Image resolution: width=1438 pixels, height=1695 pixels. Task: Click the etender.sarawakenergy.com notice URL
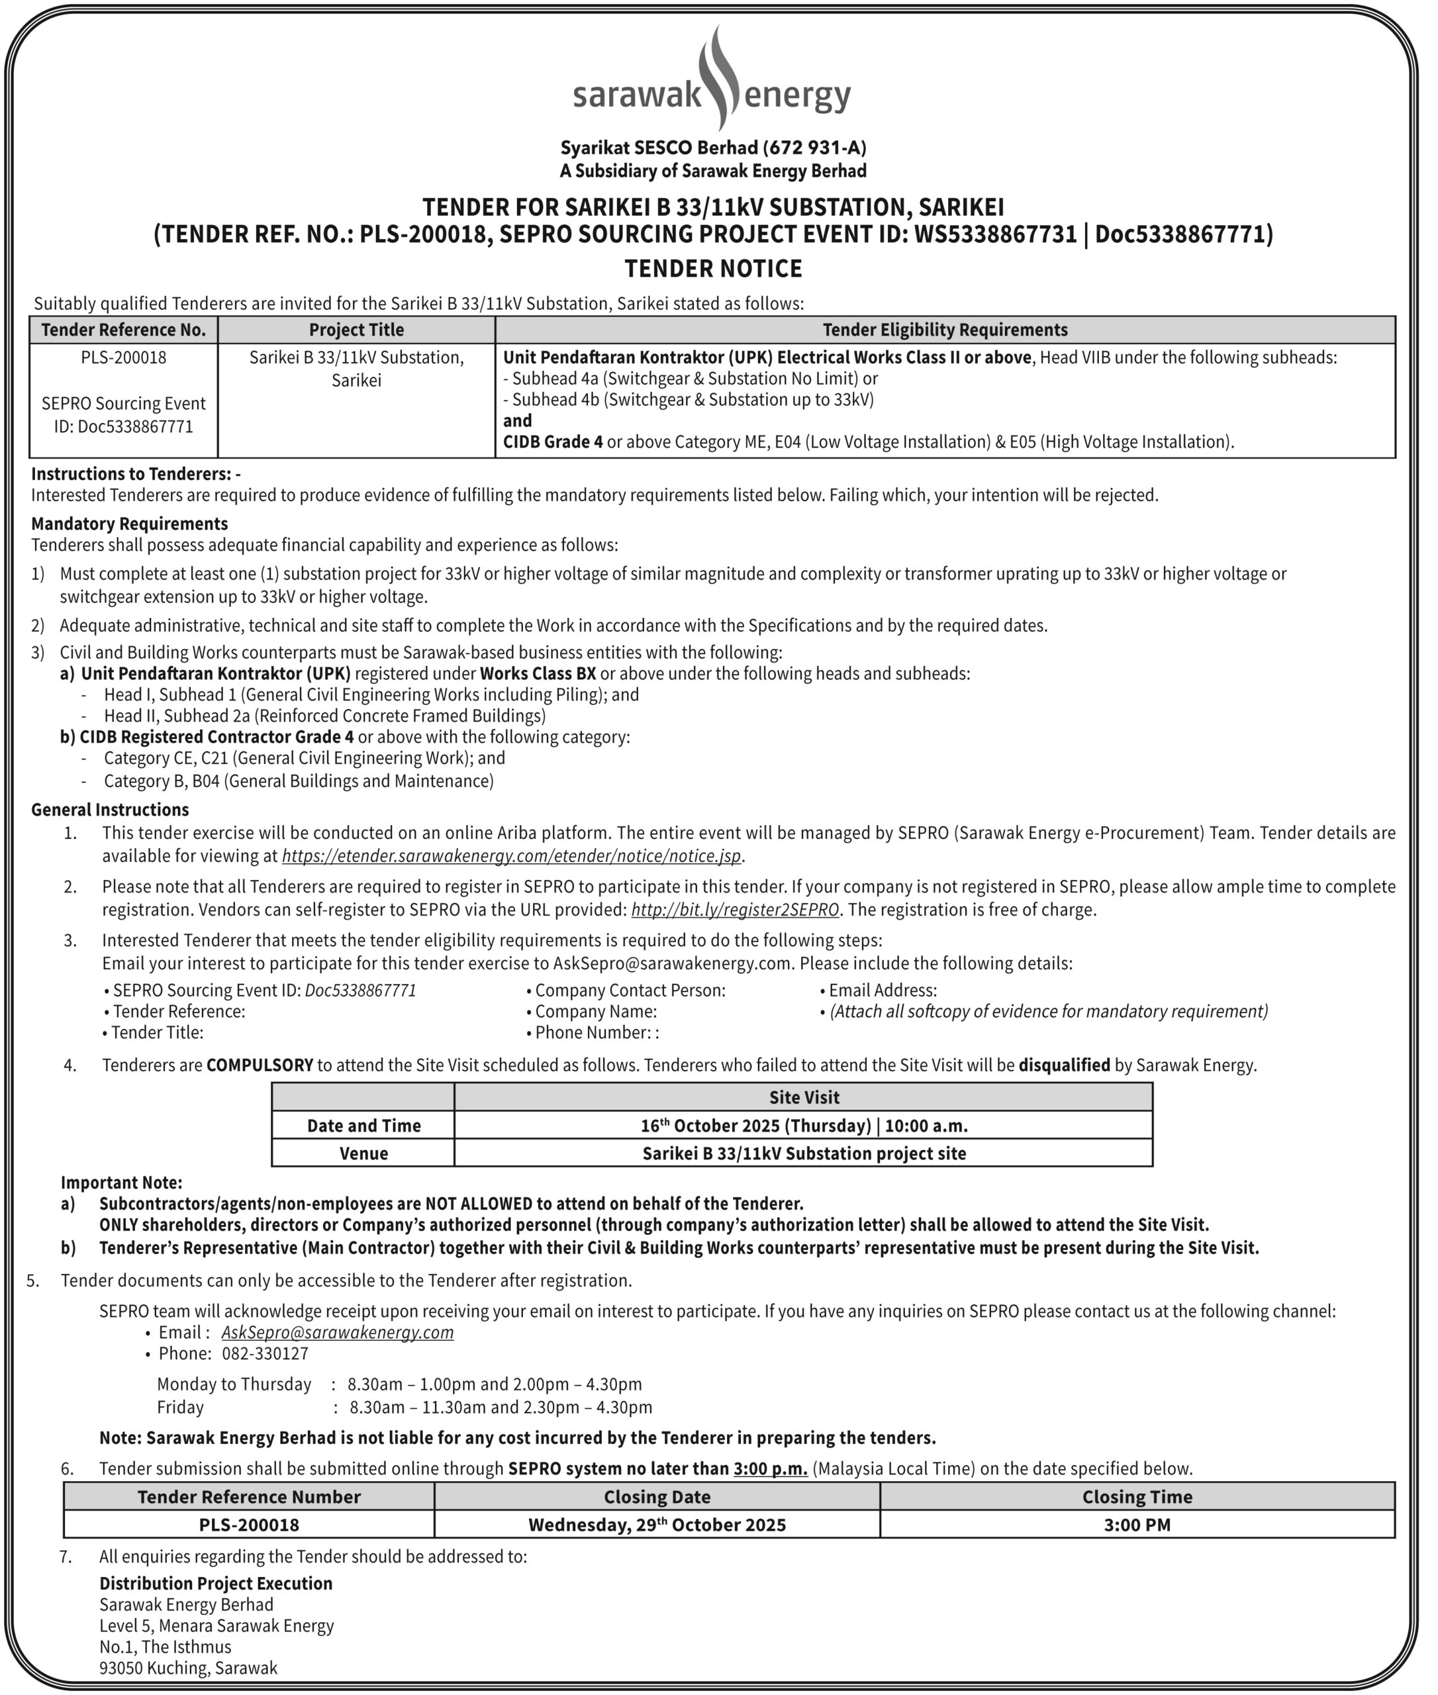click(511, 856)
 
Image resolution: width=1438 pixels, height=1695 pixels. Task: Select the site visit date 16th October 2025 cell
click(803, 1126)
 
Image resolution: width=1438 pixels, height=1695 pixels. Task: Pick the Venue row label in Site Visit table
click(363, 1153)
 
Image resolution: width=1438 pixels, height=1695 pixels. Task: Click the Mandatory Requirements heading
click(130, 524)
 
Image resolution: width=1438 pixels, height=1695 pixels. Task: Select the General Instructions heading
click(110, 810)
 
